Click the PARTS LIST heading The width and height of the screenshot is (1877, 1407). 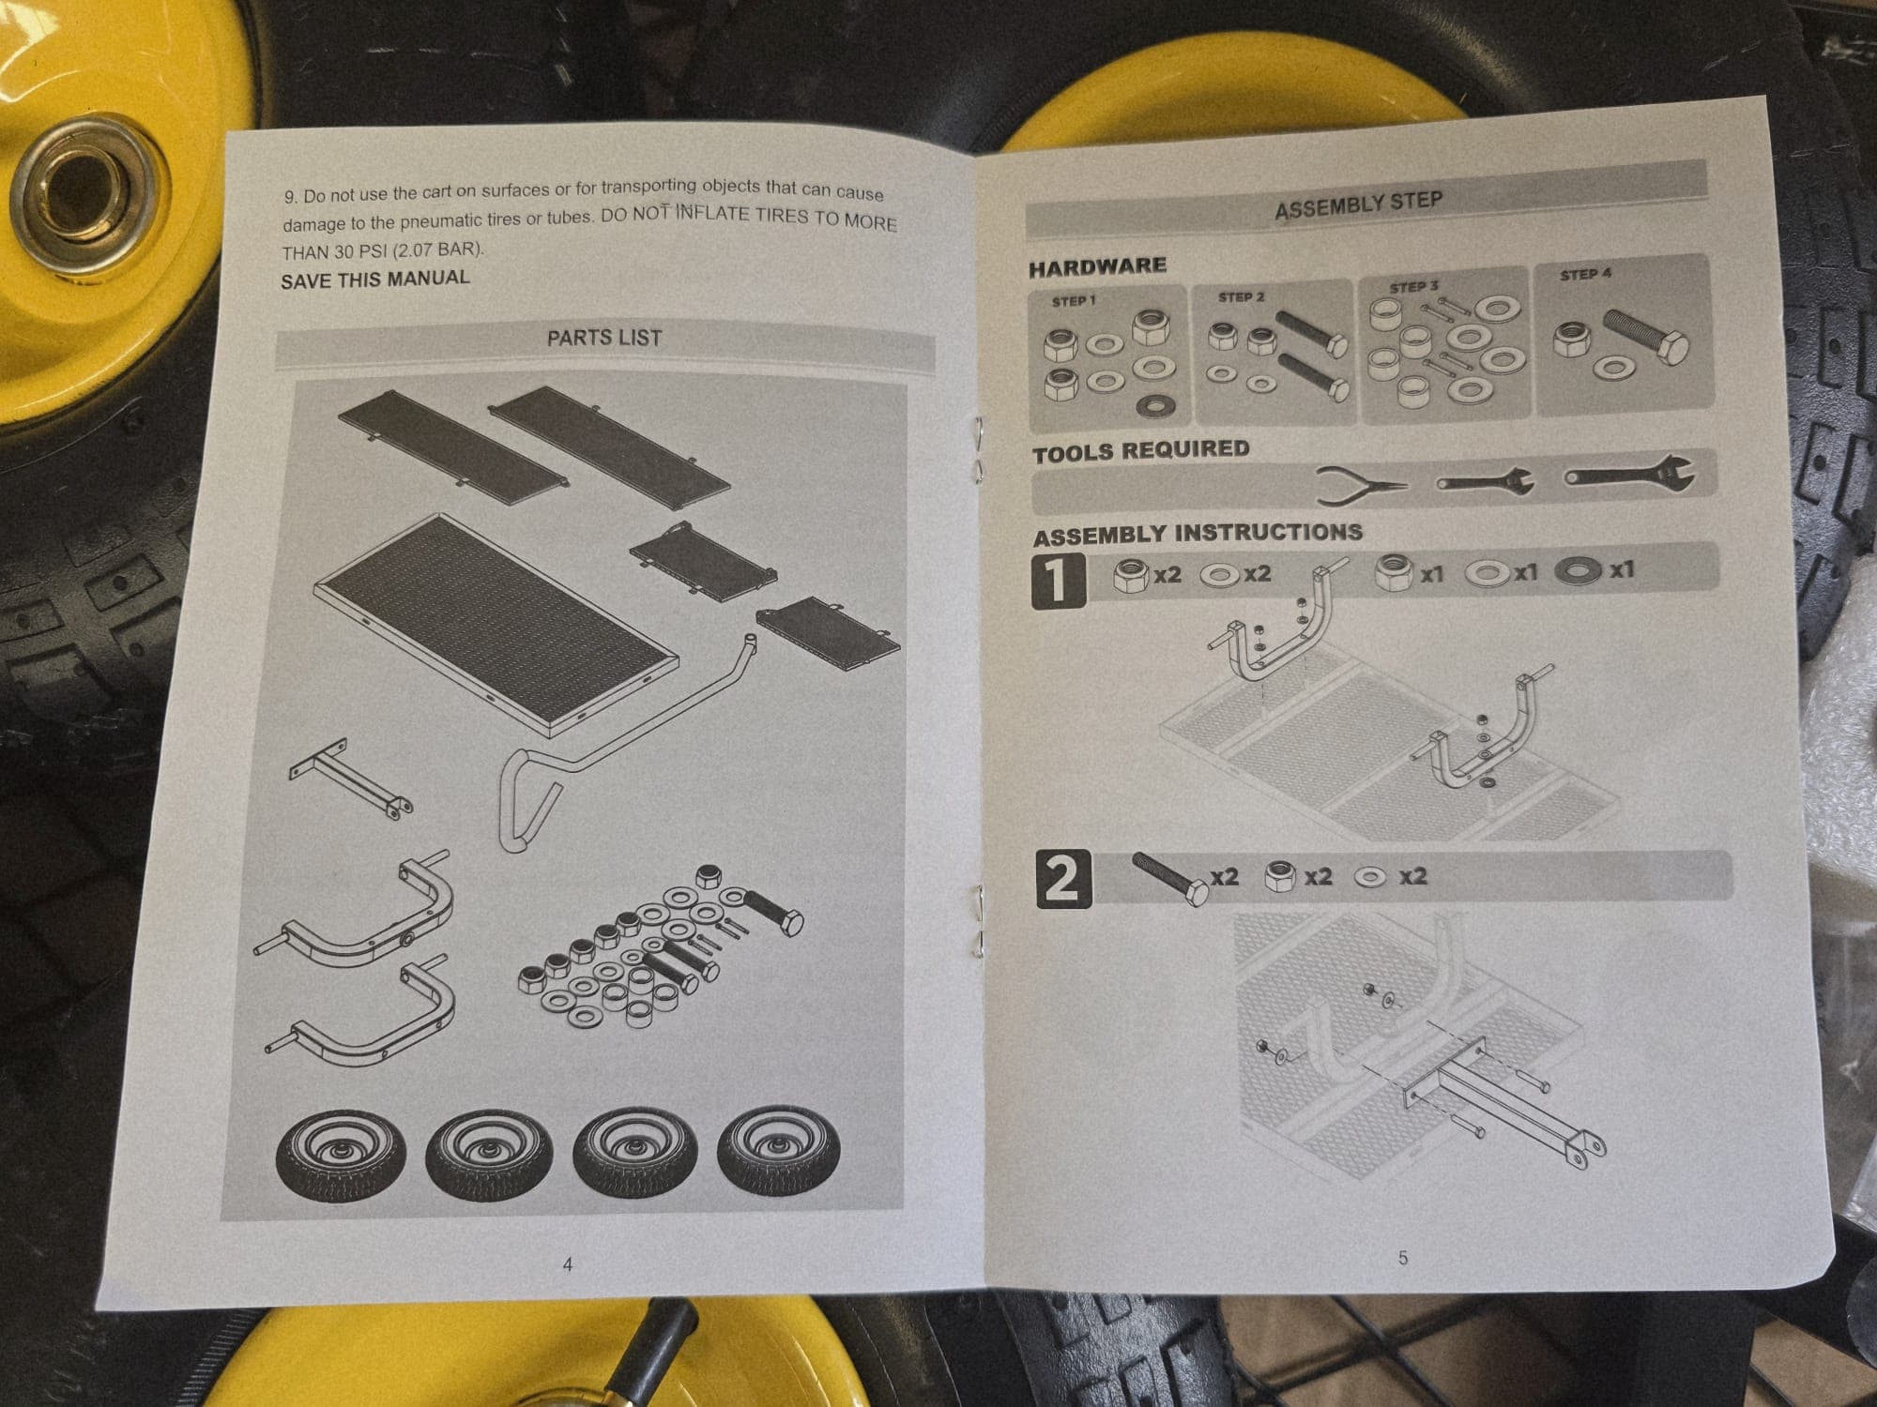pos(604,338)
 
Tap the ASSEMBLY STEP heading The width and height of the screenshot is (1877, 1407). pos(1358,204)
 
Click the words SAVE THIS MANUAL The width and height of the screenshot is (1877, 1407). pos(375,279)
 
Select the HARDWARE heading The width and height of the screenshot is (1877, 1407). pos(1097,267)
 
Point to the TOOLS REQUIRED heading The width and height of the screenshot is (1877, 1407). pos(1141,451)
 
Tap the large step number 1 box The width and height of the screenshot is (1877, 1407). pos(1058,581)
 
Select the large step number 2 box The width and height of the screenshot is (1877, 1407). pos(1063,879)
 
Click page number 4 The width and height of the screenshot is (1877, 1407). pos(567,1264)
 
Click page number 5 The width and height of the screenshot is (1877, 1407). pos(1403,1258)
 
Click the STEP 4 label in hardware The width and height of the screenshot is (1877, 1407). pos(1585,275)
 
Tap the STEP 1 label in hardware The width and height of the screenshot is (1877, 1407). pos(1074,301)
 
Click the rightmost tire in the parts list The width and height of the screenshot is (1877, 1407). pos(779,1152)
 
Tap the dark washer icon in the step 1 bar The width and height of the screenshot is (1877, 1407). pos(1579,570)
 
